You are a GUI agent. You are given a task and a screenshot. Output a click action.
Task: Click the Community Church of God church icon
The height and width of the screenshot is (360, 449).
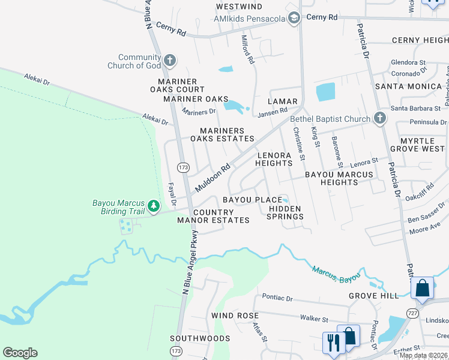(x=170, y=60)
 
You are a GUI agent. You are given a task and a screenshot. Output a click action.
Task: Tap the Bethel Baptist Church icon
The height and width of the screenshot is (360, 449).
(x=379, y=118)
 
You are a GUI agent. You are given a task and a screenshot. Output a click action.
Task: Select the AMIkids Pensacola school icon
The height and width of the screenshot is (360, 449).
(x=294, y=19)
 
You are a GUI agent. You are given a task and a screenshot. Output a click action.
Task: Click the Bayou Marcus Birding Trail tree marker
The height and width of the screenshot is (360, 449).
(x=154, y=206)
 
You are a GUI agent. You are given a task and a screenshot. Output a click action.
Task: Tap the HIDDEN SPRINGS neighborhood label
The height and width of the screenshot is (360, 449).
(x=285, y=212)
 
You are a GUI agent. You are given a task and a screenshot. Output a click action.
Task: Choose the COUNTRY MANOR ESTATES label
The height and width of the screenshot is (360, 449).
(x=213, y=216)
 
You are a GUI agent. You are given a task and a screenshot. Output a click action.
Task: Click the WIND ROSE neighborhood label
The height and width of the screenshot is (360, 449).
(x=235, y=316)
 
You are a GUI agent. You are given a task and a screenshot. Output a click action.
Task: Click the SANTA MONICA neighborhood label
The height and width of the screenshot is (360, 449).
(x=408, y=86)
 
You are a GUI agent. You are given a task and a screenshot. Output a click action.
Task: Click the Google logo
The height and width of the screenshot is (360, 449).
(x=20, y=353)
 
